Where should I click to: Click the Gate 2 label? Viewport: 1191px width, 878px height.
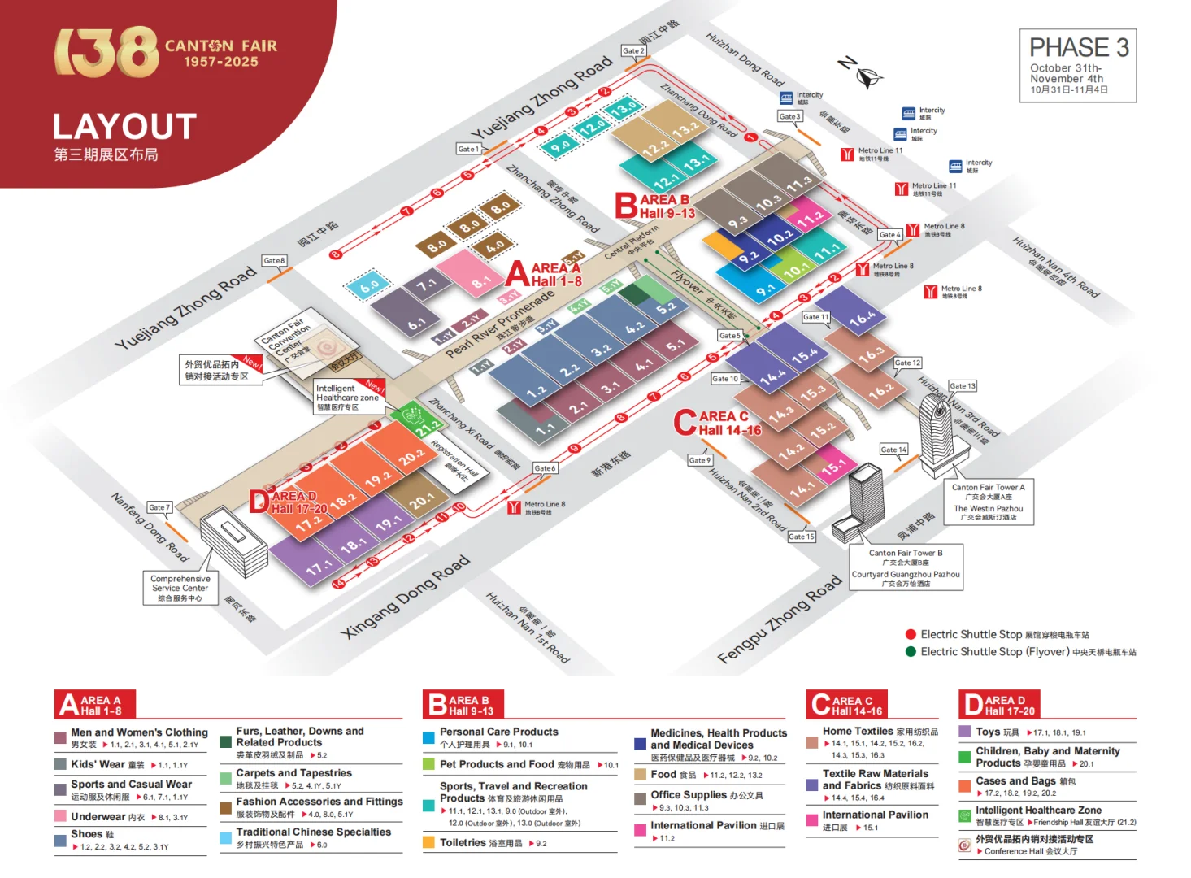point(632,50)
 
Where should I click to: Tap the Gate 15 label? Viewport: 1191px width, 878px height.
point(801,537)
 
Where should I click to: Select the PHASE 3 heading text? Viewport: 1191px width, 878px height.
point(1078,48)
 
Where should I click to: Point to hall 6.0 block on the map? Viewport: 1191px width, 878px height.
point(369,286)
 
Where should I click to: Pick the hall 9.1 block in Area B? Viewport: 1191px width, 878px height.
point(765,289)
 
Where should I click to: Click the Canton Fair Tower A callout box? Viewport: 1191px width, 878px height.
point(988,501)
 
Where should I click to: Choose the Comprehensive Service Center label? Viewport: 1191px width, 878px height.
point(180,588)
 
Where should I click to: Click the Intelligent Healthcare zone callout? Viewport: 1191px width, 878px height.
point(348,397)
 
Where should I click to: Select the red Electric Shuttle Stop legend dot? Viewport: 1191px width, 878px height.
point(911,634)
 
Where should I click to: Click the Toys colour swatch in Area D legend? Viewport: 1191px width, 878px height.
point(965,732)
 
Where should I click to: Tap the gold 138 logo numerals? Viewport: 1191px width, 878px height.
point(106,51)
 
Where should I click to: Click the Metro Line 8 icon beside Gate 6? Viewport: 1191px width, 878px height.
point(514,508)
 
